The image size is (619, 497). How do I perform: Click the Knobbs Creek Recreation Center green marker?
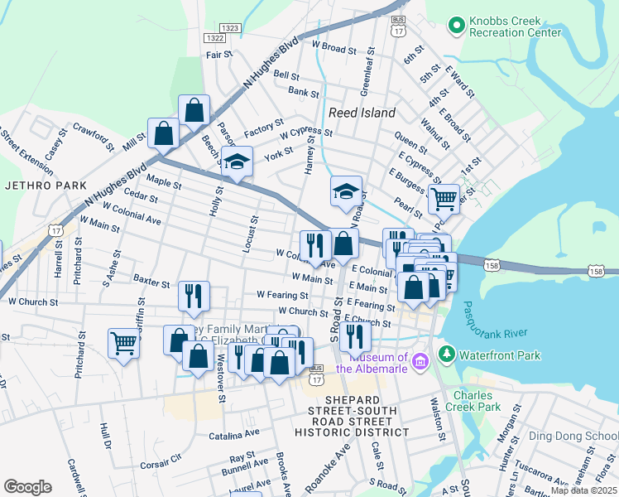tap(455, 27)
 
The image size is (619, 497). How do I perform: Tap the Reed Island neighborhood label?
tap(362, 113)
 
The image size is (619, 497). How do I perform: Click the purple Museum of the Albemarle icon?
tap(420, 360)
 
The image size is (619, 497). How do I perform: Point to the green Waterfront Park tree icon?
tap(447, 355)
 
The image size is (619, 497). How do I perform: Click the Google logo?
tap(27, 487)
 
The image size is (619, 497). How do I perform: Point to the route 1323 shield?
tap(231, 28)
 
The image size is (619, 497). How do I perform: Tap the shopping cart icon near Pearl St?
tap(444, 198)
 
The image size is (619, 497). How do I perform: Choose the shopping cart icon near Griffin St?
tap(123, 342)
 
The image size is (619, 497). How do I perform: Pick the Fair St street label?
tap(219, 55)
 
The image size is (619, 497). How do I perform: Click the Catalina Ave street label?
tap(234, 434)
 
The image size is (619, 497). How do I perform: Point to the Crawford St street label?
tap(92, 133)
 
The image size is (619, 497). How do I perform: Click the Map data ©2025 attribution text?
tap(583, 490)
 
